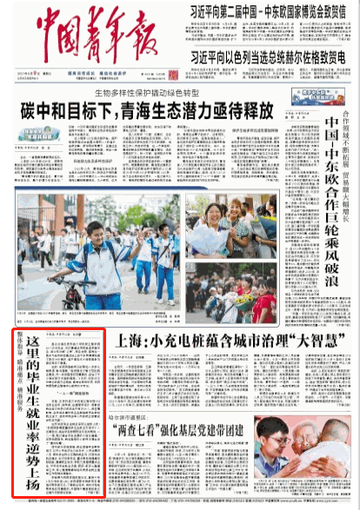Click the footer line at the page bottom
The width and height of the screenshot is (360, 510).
click(180, 503)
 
